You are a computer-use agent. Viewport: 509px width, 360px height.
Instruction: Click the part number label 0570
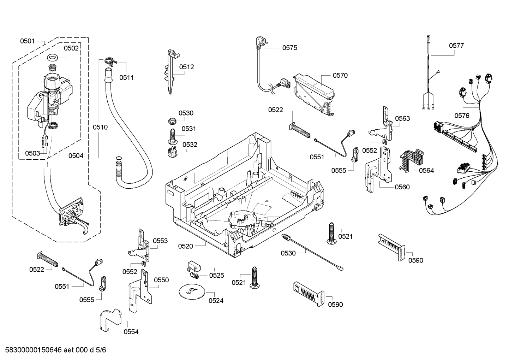340,75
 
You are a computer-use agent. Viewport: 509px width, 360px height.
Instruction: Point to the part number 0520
185,246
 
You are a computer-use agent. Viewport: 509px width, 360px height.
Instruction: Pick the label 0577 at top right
456,46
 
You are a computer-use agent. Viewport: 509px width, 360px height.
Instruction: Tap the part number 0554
131,332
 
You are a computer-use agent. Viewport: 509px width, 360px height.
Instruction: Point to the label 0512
186,67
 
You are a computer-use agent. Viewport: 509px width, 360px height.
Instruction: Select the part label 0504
76,155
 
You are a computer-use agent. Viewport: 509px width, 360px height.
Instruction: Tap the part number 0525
216,275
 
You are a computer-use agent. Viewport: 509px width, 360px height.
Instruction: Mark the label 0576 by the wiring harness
462,116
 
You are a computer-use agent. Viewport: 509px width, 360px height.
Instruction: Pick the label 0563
402,118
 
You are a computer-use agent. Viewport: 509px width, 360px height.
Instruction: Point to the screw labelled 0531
172,136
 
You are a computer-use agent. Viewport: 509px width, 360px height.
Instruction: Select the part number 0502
71,48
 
